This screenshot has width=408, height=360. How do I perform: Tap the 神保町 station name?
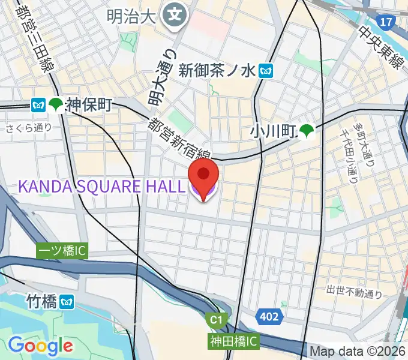pyautogui.click(x=89, y=105)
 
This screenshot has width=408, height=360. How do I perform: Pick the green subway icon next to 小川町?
pyautogui.click(x=307, y=131)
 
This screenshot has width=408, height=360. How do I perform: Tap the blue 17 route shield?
pyautogui.click(x=387, y=22)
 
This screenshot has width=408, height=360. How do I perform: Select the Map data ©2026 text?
pyautogui.click(x=358, y=350)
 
